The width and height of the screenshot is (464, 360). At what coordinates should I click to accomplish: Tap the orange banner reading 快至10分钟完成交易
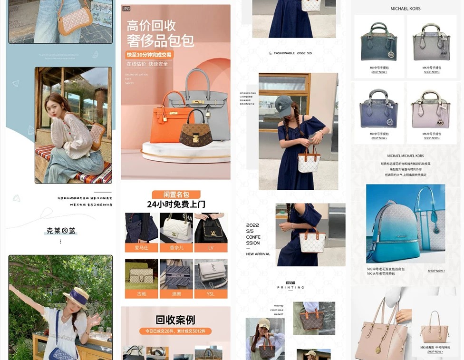tap(149, 55)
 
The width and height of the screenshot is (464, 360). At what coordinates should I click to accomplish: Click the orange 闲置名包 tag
tap(176, 195)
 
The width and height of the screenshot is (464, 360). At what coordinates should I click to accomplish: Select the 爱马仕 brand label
tap(141, 248)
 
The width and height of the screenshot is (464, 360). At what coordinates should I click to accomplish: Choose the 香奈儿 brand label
tap(176, 248)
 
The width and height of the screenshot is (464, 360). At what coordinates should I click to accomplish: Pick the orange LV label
tap(211, 248)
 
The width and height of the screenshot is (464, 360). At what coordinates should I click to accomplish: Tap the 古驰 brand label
tap(141, 294)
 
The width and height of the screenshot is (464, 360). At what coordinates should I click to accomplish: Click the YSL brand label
tap(211, 294)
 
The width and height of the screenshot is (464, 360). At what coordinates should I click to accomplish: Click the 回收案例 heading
tap(175, 320)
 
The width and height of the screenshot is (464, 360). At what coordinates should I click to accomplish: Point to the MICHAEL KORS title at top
tap(405, 9)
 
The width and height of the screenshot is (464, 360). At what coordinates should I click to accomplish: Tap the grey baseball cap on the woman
tap(283, 103)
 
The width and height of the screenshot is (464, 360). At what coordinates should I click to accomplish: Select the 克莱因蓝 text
tap(61, 231)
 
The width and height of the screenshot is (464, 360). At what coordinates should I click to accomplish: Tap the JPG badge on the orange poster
tap(126, 9)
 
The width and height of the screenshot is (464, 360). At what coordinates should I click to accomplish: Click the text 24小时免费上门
tap(176, 204)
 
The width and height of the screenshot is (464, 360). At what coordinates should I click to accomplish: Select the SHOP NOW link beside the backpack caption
tap(435, 271)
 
